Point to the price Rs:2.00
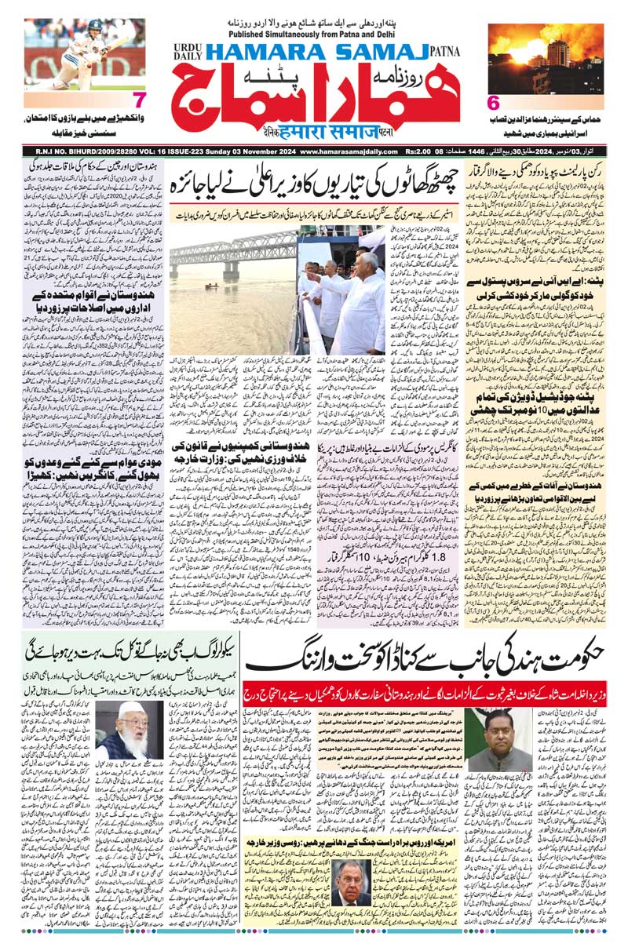tap(422, 151)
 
